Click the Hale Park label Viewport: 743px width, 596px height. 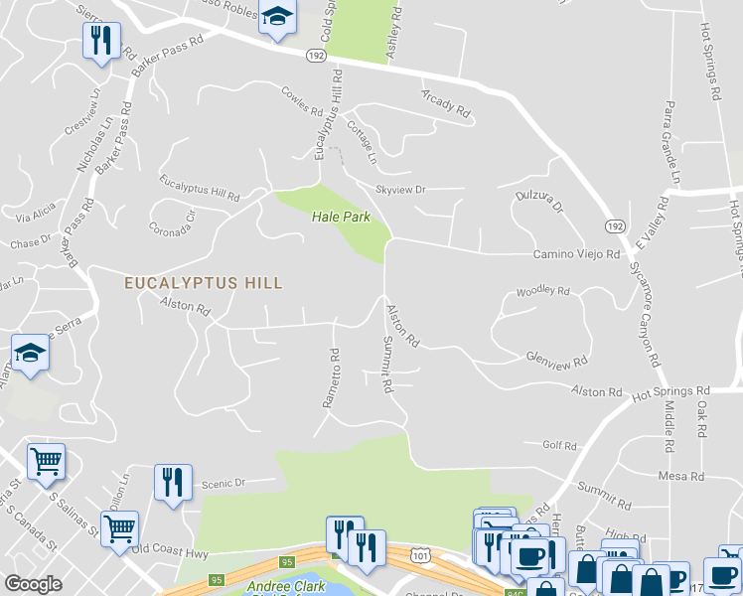coord(334,217)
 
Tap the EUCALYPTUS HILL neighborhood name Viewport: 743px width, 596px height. coord(204,283)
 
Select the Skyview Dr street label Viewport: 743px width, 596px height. coord(400,189)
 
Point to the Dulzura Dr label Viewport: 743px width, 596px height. coord(539,202)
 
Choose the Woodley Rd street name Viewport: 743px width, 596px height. coord(542,292)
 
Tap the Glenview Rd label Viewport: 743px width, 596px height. coord(558,359)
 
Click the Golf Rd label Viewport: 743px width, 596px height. coord(559,446)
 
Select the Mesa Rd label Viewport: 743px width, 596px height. coord(681,477)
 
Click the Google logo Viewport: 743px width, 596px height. coord(34,584)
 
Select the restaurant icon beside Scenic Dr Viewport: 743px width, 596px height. coord(173,483)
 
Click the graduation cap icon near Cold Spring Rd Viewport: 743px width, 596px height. coord(277,17)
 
